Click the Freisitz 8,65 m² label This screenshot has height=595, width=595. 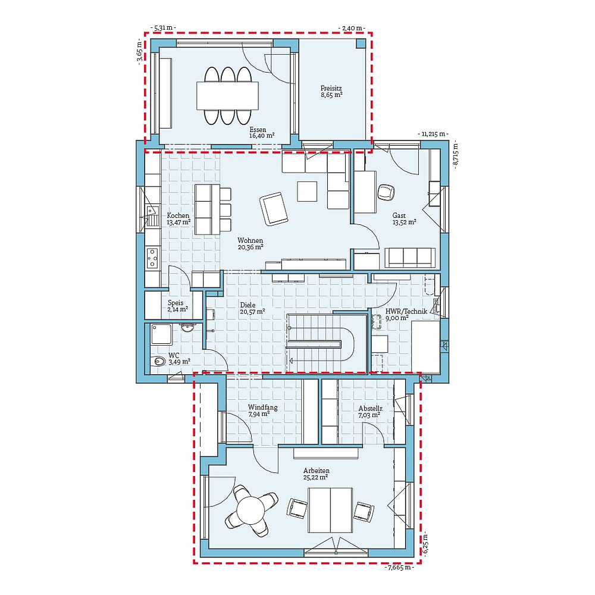pos(331,91)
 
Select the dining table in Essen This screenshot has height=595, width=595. pos(228,95)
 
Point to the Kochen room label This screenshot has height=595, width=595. pos(178,218)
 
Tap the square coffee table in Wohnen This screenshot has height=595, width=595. pos(308,191)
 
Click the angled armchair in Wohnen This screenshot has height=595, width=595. pos(273,208)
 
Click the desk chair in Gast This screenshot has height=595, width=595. pos(386,192)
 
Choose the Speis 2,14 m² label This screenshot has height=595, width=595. pos(177,305)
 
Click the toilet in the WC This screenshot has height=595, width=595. pos(159,361)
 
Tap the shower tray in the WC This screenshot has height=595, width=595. pos(161,334)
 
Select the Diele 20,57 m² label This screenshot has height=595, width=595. pos(252,308)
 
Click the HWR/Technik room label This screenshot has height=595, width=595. pos(397,314)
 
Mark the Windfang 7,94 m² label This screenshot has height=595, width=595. pos(262,411)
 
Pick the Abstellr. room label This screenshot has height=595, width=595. pos(369,412)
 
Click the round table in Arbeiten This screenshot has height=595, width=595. pos(250,509)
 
